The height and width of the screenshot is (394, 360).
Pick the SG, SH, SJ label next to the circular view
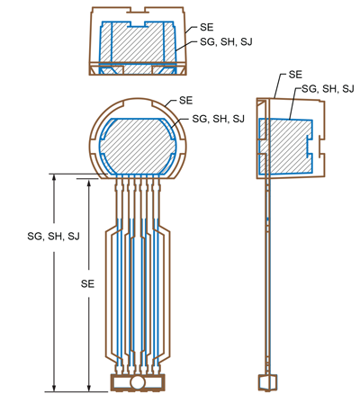coord(212,119)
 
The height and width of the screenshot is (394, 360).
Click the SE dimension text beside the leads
coord(87,282)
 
